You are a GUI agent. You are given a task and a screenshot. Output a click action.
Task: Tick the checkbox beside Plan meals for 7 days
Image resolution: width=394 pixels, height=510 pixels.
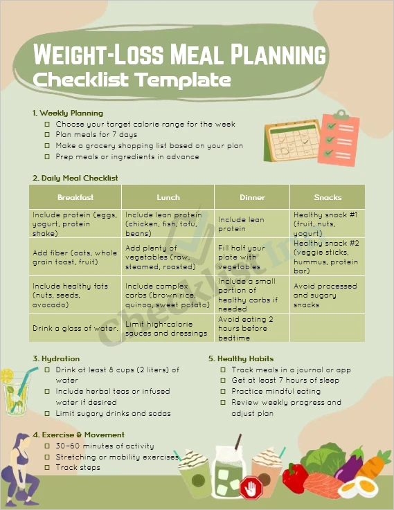(47, 135)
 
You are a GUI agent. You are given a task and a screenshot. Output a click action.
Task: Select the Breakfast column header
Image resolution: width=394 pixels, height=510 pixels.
(75, 197)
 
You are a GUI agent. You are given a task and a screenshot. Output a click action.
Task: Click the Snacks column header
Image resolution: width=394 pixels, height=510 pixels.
(328, 197)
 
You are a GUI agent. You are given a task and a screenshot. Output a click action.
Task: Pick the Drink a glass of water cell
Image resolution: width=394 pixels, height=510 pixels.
(75, 328)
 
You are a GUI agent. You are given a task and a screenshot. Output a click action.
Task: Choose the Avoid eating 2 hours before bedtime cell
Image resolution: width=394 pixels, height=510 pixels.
(252, 329)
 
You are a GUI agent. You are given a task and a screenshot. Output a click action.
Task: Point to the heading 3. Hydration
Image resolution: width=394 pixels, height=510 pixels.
(56, 358)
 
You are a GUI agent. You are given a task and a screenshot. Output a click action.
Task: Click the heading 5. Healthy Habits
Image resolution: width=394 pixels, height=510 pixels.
(241, 358)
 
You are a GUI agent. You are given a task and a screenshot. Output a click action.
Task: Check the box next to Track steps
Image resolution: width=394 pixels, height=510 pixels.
(47, 468)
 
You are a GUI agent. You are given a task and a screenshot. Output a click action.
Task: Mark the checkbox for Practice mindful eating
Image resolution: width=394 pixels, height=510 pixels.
(223, 391)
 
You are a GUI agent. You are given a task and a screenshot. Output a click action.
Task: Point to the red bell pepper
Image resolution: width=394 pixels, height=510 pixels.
(294, 477)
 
